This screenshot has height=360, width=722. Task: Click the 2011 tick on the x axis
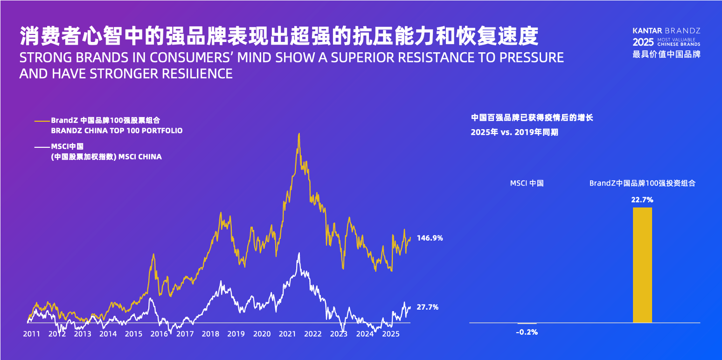pos(31,334)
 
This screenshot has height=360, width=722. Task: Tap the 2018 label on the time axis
pos(211,334)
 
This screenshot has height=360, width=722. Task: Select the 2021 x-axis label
pos(288,334)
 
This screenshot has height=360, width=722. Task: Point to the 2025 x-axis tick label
pos(390,334)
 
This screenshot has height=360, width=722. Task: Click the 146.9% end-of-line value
pos(430,238)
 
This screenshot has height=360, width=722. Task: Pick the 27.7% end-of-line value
pos(427,307)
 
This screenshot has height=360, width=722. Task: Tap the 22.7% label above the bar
pos(642,200)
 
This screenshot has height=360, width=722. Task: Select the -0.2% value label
pos(527,332)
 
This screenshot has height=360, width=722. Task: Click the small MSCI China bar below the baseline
pos(527,323)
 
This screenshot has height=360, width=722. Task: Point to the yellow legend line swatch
pos(42,121)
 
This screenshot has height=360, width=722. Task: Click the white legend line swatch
pos(42,147)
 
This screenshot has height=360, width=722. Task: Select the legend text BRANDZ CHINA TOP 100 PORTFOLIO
pos(117,131)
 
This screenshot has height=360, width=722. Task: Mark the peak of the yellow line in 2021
pos(299,134)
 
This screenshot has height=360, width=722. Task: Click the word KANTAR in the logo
pos(646,30)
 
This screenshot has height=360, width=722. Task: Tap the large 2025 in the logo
pos(643,42)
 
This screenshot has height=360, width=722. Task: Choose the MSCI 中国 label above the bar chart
pos(527,183)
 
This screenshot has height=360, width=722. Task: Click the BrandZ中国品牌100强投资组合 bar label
pos(642,183)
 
